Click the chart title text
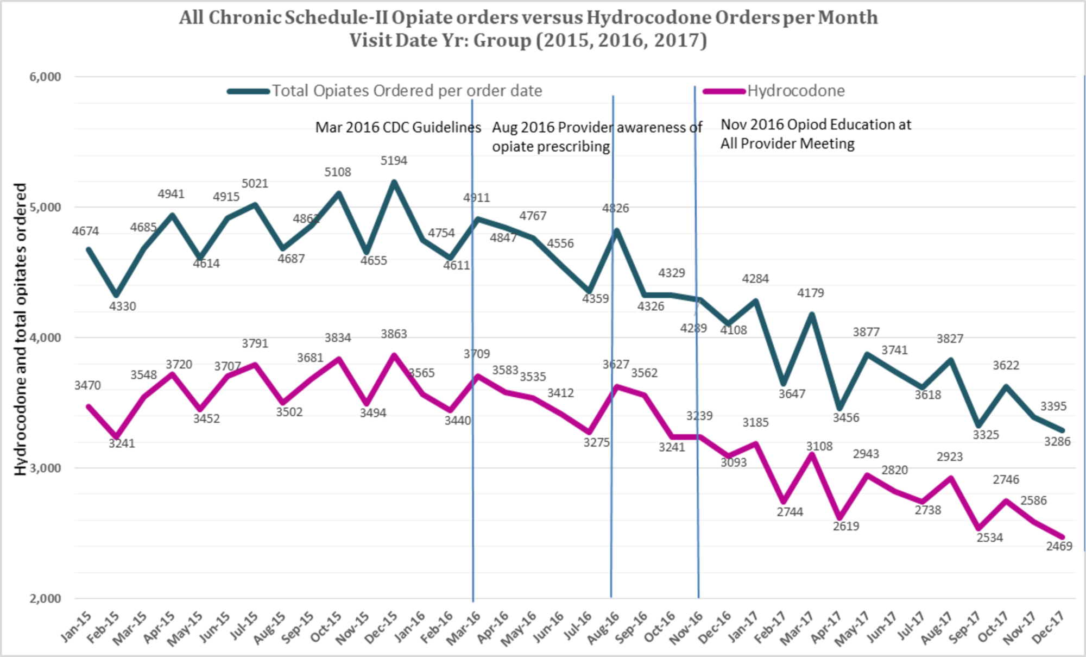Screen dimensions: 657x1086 click(x=528, y=29)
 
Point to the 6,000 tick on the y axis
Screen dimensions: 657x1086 click(x=45, y=77)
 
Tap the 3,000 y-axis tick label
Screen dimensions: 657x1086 click(x=45, y=468)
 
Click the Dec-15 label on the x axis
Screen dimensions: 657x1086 click(x=382, y=627)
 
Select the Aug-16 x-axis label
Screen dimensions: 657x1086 click(x=603, y=627)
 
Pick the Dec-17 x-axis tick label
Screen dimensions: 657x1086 click(x=1048, y=627)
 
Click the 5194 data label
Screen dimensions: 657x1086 click(x=394, y=160)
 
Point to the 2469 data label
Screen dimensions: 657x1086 click(x=1059, y=546)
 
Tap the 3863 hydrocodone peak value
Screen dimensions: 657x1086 click(x=394, y=334)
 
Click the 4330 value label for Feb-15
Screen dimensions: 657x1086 click(x=122, y=306)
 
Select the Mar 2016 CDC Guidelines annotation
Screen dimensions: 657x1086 click(x=398, y=127)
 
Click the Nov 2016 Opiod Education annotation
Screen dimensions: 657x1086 click(x=815, y=134)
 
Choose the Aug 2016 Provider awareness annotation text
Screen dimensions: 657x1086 click(x=597, y=136)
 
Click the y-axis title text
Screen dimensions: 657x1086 click(x=20, y=329)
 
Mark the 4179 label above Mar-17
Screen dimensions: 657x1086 click(x=810, y=293)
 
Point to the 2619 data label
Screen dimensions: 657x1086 click(x=846, y=526)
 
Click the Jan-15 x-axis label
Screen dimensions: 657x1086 click(x=76, y=627)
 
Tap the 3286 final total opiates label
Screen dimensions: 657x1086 click(x=1057, y=441)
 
